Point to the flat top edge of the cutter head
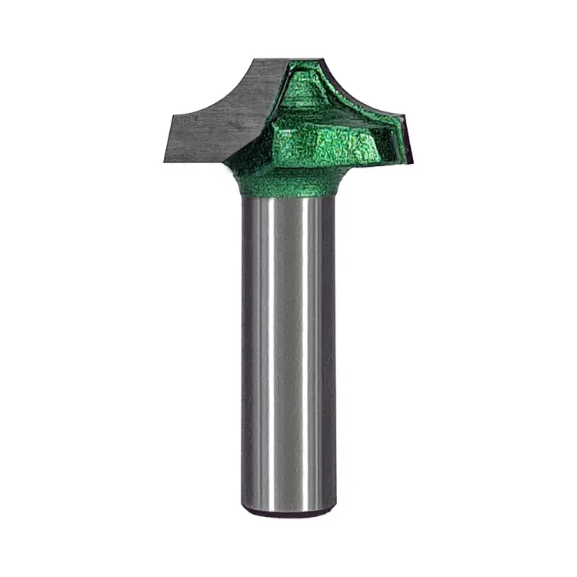point(292,59)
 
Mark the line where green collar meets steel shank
point(288,198)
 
